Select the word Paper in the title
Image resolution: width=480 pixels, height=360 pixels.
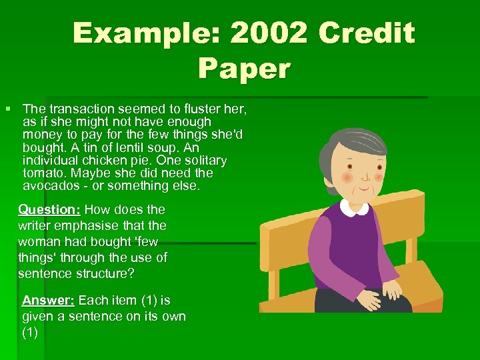pyautogui.click(x=244, y=69)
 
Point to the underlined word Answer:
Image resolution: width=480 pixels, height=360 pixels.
pyautogui.click(x=49, y=300)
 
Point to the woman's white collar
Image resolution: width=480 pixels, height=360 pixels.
pyautogui.click(x=353, y=207)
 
